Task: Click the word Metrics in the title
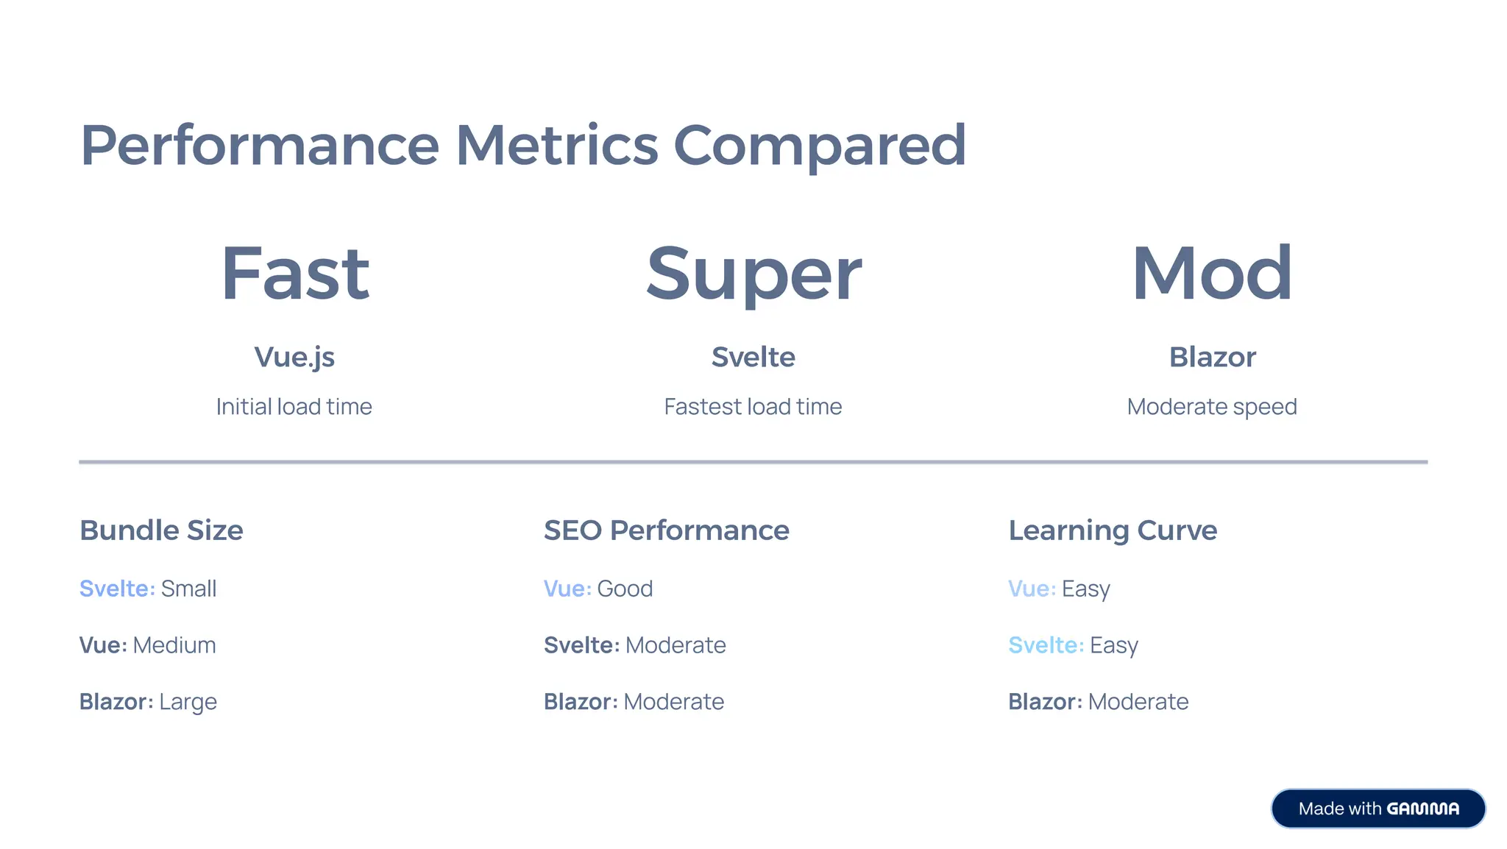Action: (x=556, y=145)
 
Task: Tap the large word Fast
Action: (x=294, y=274)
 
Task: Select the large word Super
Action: (x=753, y=274)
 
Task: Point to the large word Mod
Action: (x=1212, y=274)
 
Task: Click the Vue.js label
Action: (x=294, y=358)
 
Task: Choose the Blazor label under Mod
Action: (x=1212, y=358)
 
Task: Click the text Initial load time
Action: (x=294, y=407)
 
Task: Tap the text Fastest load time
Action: (x=753, y=407)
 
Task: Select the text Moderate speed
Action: (x=1212, y=407)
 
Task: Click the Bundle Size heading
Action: (x=161, y=530)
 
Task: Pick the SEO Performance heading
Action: (x=666, y=530)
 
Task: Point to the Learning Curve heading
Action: (x=1113, y=530)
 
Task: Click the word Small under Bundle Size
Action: (x=188, y=589)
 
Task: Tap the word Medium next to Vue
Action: (x=174, y=645)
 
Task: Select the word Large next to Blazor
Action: (x=188, y=702)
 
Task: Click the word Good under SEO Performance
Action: (x=625, y=589)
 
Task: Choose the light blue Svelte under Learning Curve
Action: (x=1046, y=645)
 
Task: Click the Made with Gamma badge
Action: (x=1378, y=809)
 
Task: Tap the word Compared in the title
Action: (x=819, y=145)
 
